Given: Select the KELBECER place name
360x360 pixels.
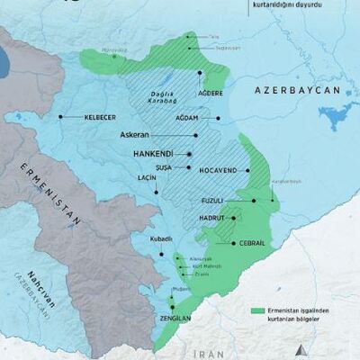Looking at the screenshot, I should [99, 117].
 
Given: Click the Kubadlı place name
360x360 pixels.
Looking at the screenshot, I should [162, 238].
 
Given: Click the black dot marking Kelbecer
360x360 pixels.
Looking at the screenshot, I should [60, 117].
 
